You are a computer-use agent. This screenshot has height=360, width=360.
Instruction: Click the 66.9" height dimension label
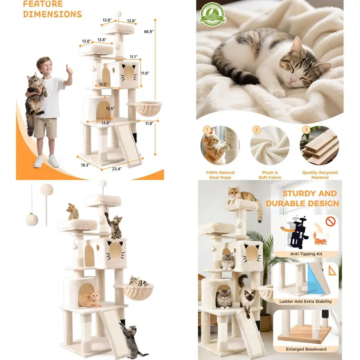point(148,32)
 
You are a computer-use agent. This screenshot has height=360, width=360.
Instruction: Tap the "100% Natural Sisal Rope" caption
point(220,175)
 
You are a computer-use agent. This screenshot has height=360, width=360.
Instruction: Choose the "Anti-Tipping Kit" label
point(306,254)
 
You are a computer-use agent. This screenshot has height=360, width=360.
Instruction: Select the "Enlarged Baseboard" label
point(306,349)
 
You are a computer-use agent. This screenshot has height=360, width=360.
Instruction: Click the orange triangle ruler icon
point(332,271)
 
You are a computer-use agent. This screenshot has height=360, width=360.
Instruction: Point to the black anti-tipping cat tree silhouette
point(298,234)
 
